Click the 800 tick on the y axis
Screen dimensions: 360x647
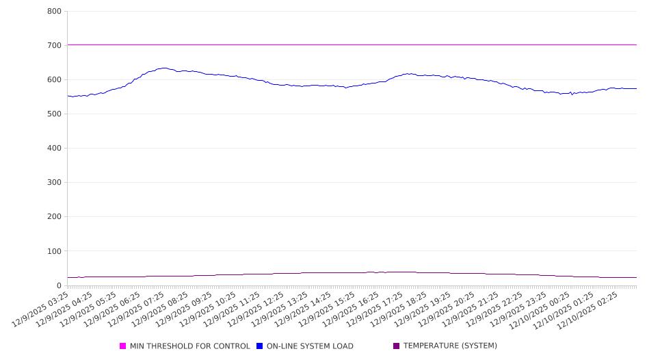coord(55,12)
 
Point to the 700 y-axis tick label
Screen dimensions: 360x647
coord(55,46)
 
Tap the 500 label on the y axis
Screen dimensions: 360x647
coord(55,114)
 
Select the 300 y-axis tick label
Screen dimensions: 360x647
coord(55,183)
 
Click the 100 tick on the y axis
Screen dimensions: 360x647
coord(55,251)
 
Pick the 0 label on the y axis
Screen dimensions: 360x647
coord(59,285)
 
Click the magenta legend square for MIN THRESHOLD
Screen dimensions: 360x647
coord(123,346)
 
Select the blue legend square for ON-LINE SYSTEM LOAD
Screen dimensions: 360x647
coord(260,346)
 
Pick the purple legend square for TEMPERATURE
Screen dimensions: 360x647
coord(397,346)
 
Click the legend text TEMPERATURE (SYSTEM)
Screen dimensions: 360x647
coord(450,346)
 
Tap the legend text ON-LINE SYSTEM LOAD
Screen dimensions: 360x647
coord(310,346)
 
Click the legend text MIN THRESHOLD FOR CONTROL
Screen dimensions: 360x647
coord(189,346)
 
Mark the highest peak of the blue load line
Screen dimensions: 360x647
coord(163,68)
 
